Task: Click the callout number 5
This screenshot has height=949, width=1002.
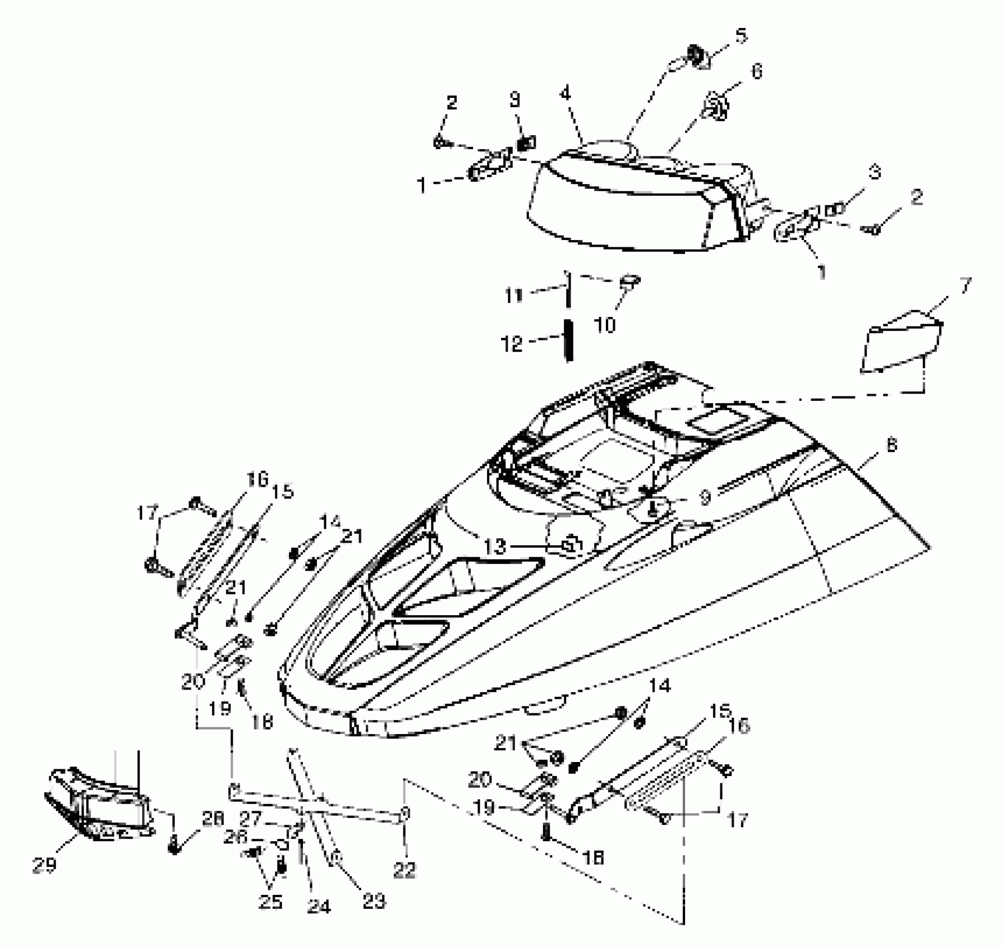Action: [740, 36]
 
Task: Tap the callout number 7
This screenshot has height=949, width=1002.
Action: [965, 286]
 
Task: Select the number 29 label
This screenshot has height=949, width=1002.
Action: [45, 865]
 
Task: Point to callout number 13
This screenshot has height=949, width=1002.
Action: [494, 547]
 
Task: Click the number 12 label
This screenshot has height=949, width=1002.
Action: [512, 344]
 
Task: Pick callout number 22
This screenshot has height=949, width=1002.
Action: [405, 870]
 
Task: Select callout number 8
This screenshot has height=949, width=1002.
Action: [892, 445]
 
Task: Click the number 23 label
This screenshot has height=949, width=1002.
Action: [374, 900]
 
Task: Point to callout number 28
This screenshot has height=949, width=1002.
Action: [213, 819]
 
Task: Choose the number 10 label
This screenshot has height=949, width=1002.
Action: [605, 324]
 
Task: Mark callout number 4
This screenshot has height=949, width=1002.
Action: [566, 94]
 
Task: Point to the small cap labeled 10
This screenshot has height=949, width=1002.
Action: [630, 280]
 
